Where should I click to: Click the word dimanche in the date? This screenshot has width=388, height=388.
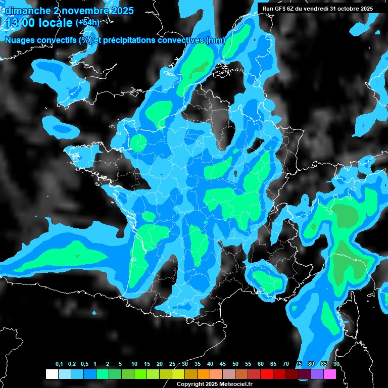(x=28, y=11)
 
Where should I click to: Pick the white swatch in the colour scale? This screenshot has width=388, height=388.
(x=52, y=374)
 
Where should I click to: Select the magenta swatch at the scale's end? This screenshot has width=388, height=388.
(x=329, y=374)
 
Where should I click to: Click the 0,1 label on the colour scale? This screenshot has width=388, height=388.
(x=59, y=364)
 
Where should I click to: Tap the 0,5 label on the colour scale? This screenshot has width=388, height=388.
(x=84, y=364)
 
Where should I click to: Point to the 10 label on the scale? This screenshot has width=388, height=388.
(x=134, y=364)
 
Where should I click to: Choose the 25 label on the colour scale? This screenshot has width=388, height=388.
(x=172, y=364)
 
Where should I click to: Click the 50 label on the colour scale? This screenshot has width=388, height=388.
(x=235, y=364)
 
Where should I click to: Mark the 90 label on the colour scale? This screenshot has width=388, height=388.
(x=336, y=364)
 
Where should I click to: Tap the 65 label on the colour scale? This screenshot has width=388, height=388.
(x=273, y=364)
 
